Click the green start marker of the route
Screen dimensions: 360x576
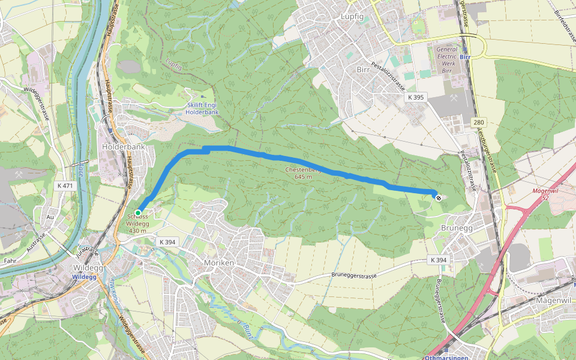138,213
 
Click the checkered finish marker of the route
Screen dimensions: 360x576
439,197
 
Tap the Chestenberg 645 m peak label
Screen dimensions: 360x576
304,173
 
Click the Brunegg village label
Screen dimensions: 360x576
457,229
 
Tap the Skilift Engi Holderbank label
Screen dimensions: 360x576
202,108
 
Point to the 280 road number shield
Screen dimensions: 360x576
478,122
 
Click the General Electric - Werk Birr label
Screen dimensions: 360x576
447,60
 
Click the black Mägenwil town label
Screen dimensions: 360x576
551,301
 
